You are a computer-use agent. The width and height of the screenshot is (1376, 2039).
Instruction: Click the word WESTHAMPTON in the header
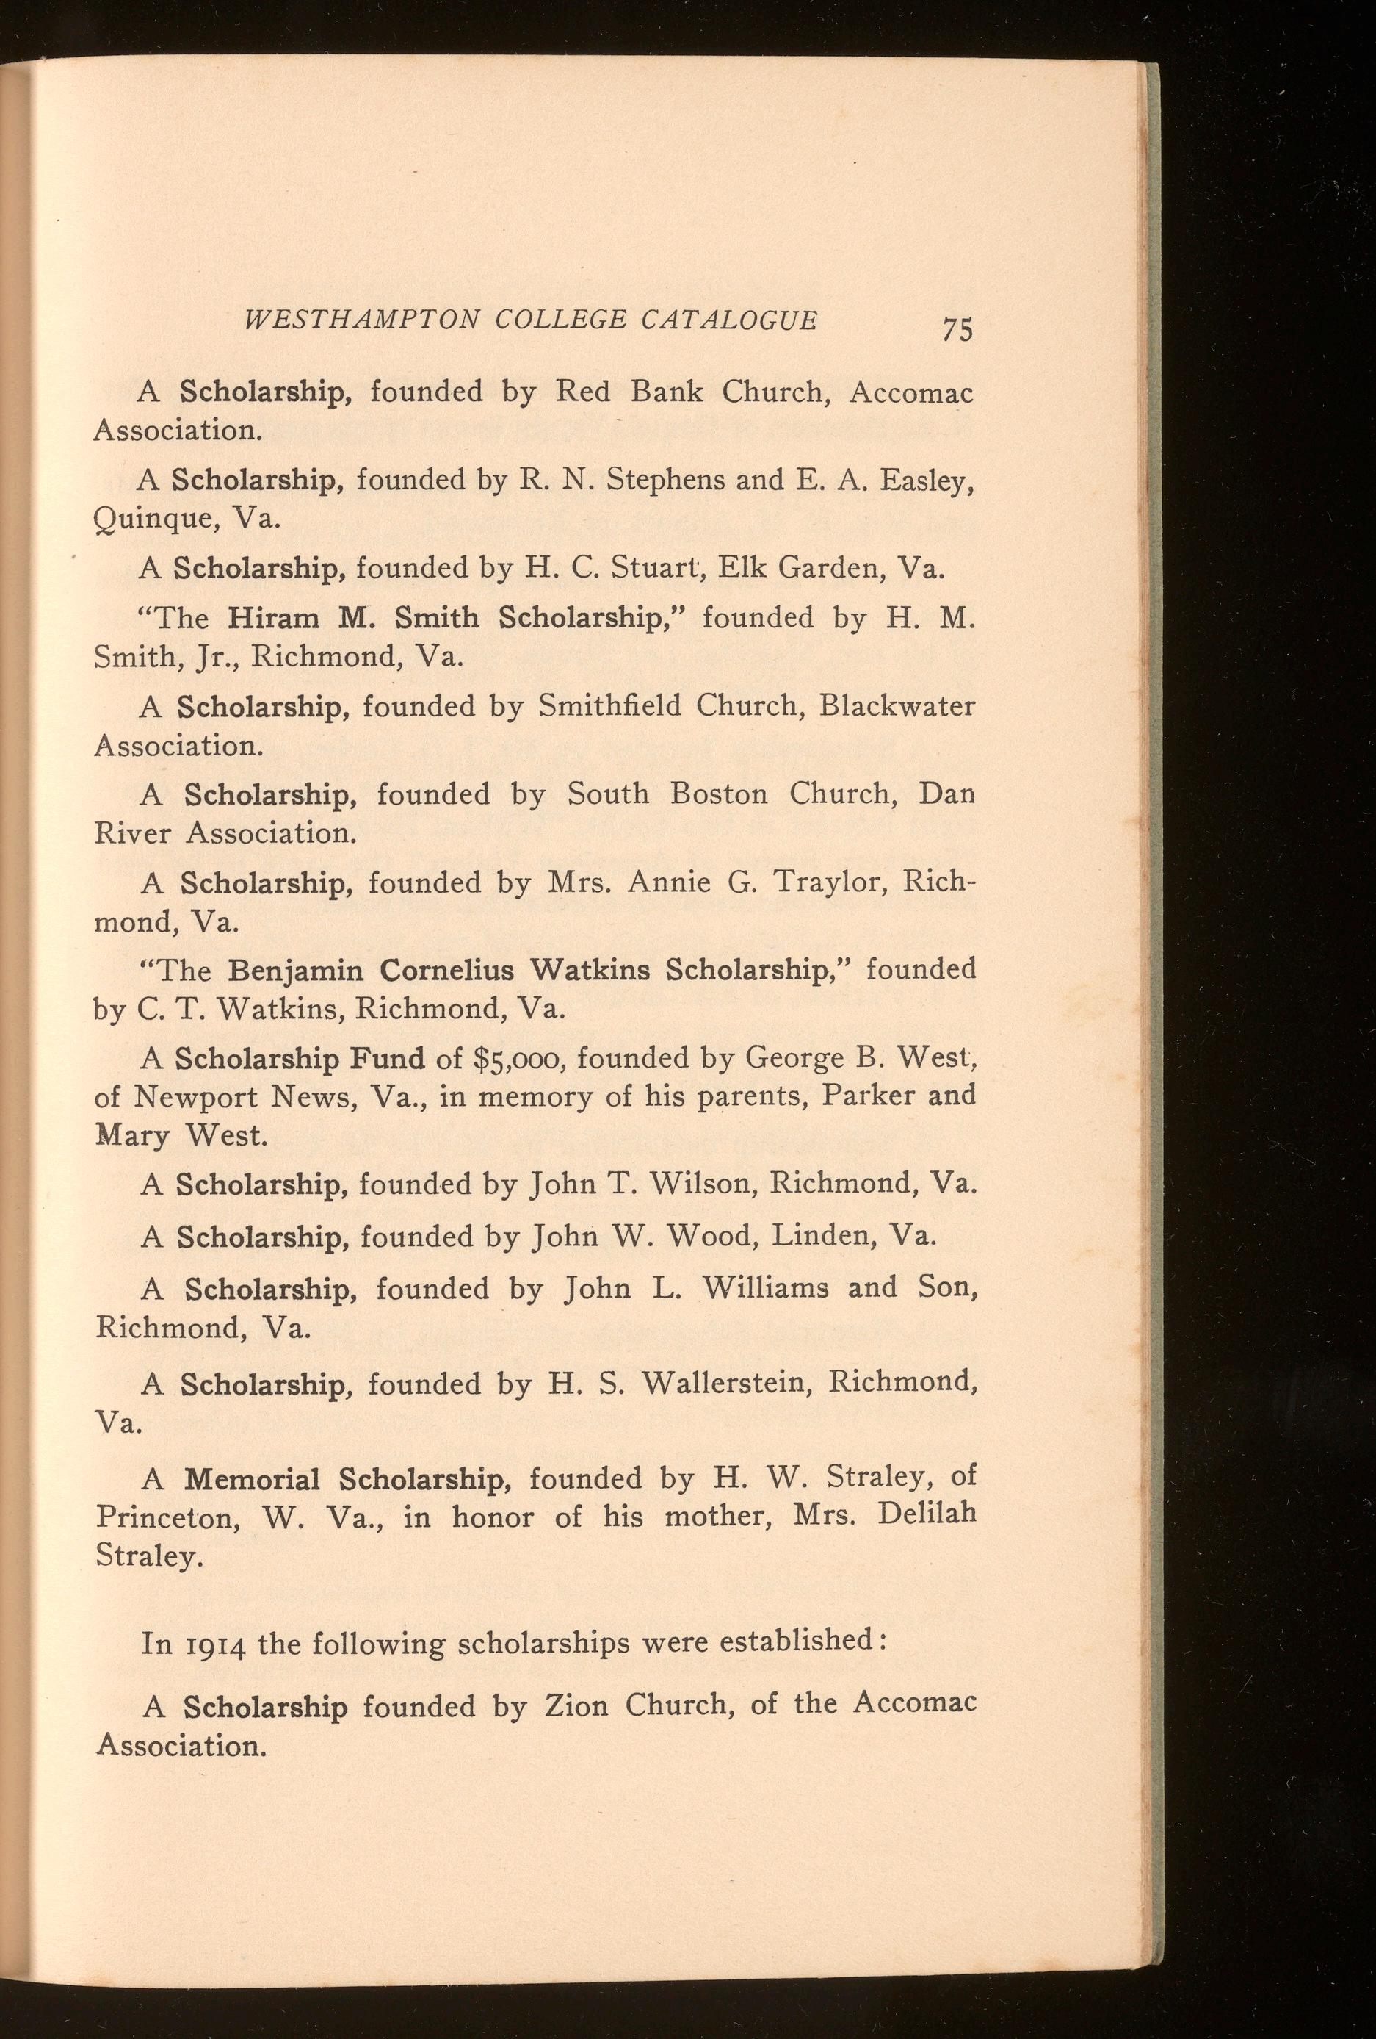[361, 320]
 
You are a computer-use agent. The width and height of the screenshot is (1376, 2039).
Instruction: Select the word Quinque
[154, 519]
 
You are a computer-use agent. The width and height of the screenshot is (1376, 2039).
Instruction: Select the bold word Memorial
[252, 1479]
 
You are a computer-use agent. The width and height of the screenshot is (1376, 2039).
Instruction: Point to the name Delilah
[926, 1517]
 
